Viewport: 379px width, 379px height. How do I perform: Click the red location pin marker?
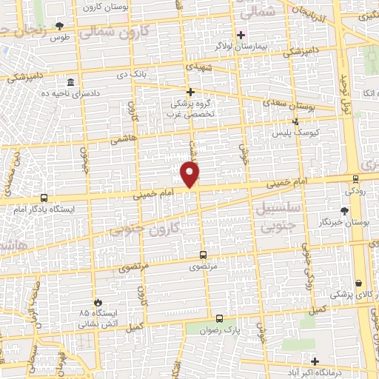pyautogui.click(x=190, y=174)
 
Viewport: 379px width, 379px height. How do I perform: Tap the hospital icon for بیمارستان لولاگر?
pyautogui.click(x=240, y=35)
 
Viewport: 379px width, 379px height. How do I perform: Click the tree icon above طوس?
pyautogui.click(x=60, y=28)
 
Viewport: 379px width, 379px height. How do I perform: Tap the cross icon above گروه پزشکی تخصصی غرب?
pyautogui.click(x=190, y=93)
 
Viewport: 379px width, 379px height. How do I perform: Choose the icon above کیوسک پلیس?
pyautogui.click(x=296, y=121)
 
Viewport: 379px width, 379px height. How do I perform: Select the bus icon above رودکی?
pyautogui.click(x=355, y=178)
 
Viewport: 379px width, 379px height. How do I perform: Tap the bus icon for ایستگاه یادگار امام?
pyautogui.click(x=44, y=198)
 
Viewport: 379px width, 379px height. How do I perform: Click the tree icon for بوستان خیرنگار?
pyautogui.click(x=344, y=211)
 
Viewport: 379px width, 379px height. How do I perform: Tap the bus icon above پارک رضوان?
pyautogui.click(x=218, y=318)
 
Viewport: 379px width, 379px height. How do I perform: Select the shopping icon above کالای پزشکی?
pyautogui.click(x=359, y=284)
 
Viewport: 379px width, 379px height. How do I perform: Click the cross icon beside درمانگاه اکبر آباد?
pyautogui.click(x=315, y=362)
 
